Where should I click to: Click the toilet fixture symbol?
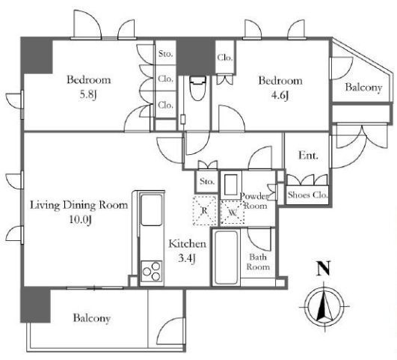point(198,88)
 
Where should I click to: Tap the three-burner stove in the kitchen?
point(152,271)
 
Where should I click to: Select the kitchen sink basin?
point(151,210)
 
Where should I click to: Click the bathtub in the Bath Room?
point(226,257)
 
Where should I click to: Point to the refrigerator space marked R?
point(205,210)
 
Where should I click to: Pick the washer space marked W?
point(233,213)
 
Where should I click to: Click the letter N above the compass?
point(323,268)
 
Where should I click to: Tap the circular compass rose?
point(324,306)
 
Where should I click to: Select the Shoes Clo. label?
point(307,195)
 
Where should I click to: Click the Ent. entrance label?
point(308,156)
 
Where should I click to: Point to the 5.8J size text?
point(88,95)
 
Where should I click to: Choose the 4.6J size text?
point(280,96)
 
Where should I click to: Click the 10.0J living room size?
point(80,219)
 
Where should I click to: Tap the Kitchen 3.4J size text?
point(187,258)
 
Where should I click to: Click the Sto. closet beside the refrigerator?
point(207,182)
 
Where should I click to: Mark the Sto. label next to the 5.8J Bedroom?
point(166,54)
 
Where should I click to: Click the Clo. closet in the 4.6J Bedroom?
point(225,58)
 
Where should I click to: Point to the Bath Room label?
point(258,262)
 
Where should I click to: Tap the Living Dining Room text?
point(79,205)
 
